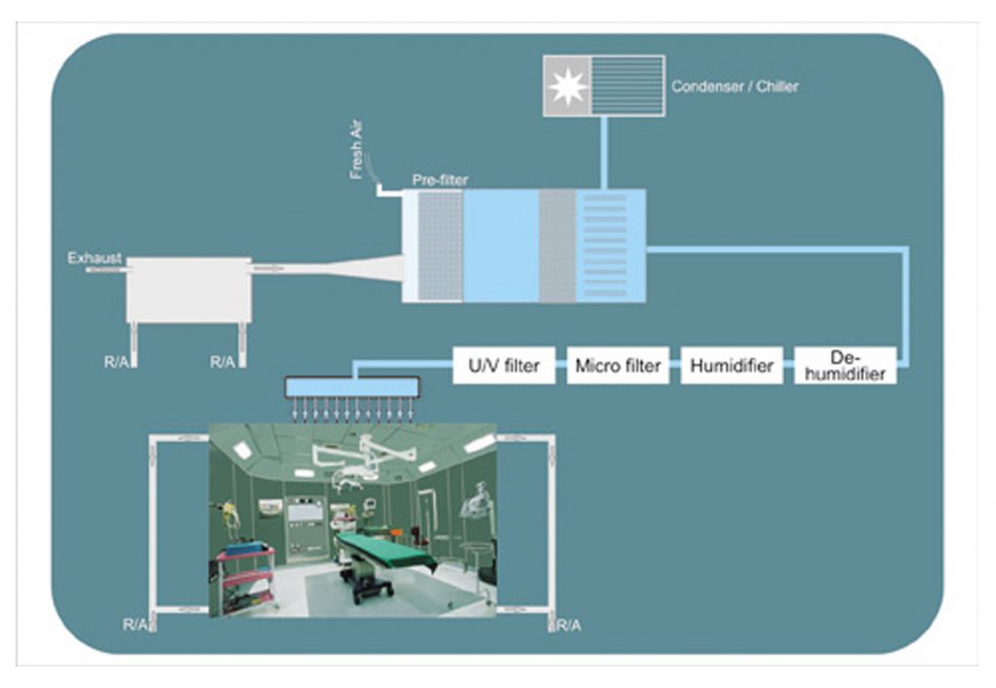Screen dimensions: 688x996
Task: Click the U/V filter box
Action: (504, 366)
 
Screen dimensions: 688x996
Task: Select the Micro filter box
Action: (618, 366)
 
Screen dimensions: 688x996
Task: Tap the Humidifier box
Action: (731, 366)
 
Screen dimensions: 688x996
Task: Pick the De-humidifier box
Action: (845, 366)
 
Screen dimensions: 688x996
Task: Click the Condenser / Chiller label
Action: (734, 87)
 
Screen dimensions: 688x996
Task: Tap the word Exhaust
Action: (94, 258)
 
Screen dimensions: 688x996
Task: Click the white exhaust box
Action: (188, 290)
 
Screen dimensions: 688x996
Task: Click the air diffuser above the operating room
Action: (352, 386)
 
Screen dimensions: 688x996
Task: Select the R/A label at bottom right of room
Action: (568, 625)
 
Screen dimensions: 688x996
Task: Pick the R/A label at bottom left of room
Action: (135, 625)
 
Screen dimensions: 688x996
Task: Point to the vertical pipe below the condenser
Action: (604, 153)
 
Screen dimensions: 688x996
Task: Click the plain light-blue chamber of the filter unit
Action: (500, 245)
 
